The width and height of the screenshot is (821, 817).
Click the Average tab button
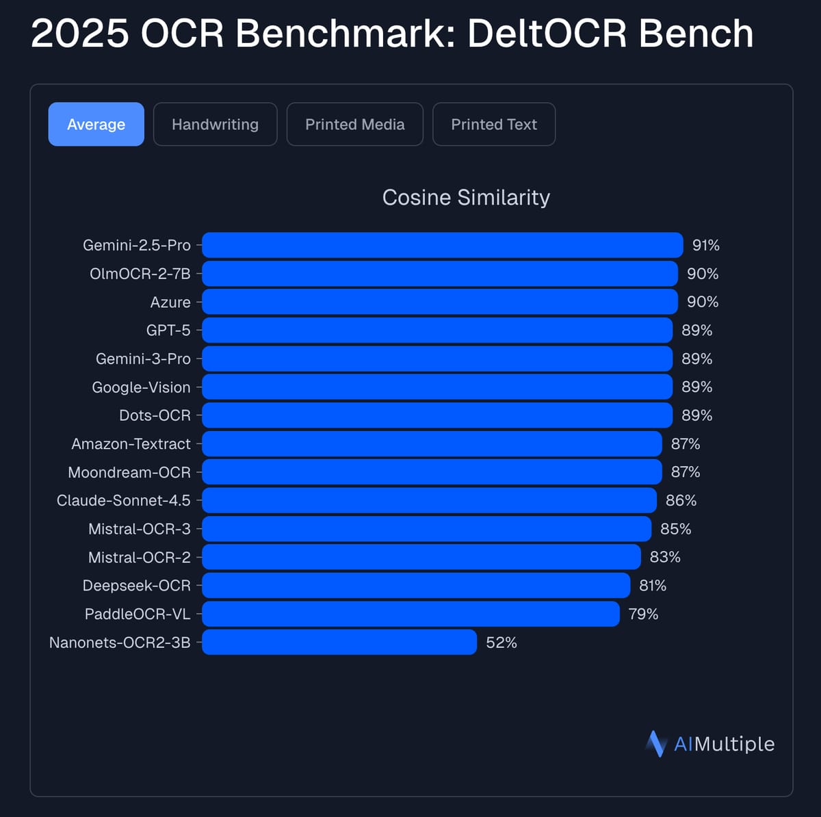click(96, 125)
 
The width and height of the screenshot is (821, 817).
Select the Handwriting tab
click(215, 125)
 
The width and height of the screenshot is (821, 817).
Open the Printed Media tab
click(354, 125)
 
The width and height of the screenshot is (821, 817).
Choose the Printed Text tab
click(493, 125)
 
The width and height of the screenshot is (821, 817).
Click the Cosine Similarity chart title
click(466, 198)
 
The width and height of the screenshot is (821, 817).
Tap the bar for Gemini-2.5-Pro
click(442, 245)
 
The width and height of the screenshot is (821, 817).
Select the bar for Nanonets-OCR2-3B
click(339, 643)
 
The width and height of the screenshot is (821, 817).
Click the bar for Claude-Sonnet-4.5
click(429, 500)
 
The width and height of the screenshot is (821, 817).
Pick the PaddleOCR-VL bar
click(410, 614)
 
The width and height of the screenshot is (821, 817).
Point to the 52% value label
click(501, 643)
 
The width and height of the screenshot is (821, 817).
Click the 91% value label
click(705, 245)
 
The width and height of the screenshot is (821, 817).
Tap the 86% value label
click(681, 500)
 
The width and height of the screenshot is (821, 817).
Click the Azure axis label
click(170, 302)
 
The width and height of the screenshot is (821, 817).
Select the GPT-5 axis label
click(168, 330)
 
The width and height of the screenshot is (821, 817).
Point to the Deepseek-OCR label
click(136, 586)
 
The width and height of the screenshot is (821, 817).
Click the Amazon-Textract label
click(131, 444)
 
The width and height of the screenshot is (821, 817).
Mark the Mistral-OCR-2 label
click(139, 558)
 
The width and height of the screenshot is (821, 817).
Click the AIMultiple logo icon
click(655, 744)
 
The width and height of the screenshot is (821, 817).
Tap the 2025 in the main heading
click(79, 34)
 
